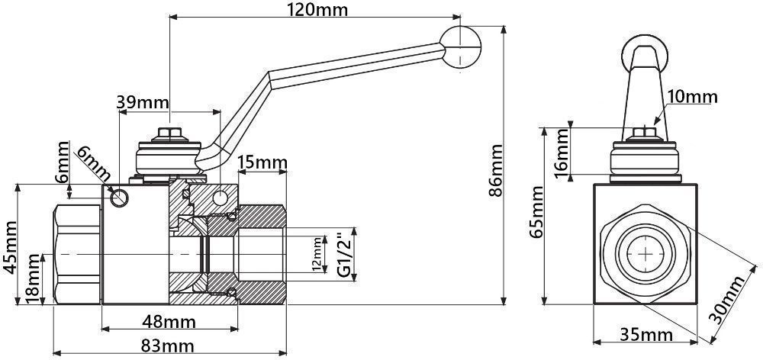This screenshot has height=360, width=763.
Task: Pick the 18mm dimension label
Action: click(x=34, y=281)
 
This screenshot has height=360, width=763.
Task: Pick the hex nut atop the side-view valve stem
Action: click(x=169, y=134)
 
